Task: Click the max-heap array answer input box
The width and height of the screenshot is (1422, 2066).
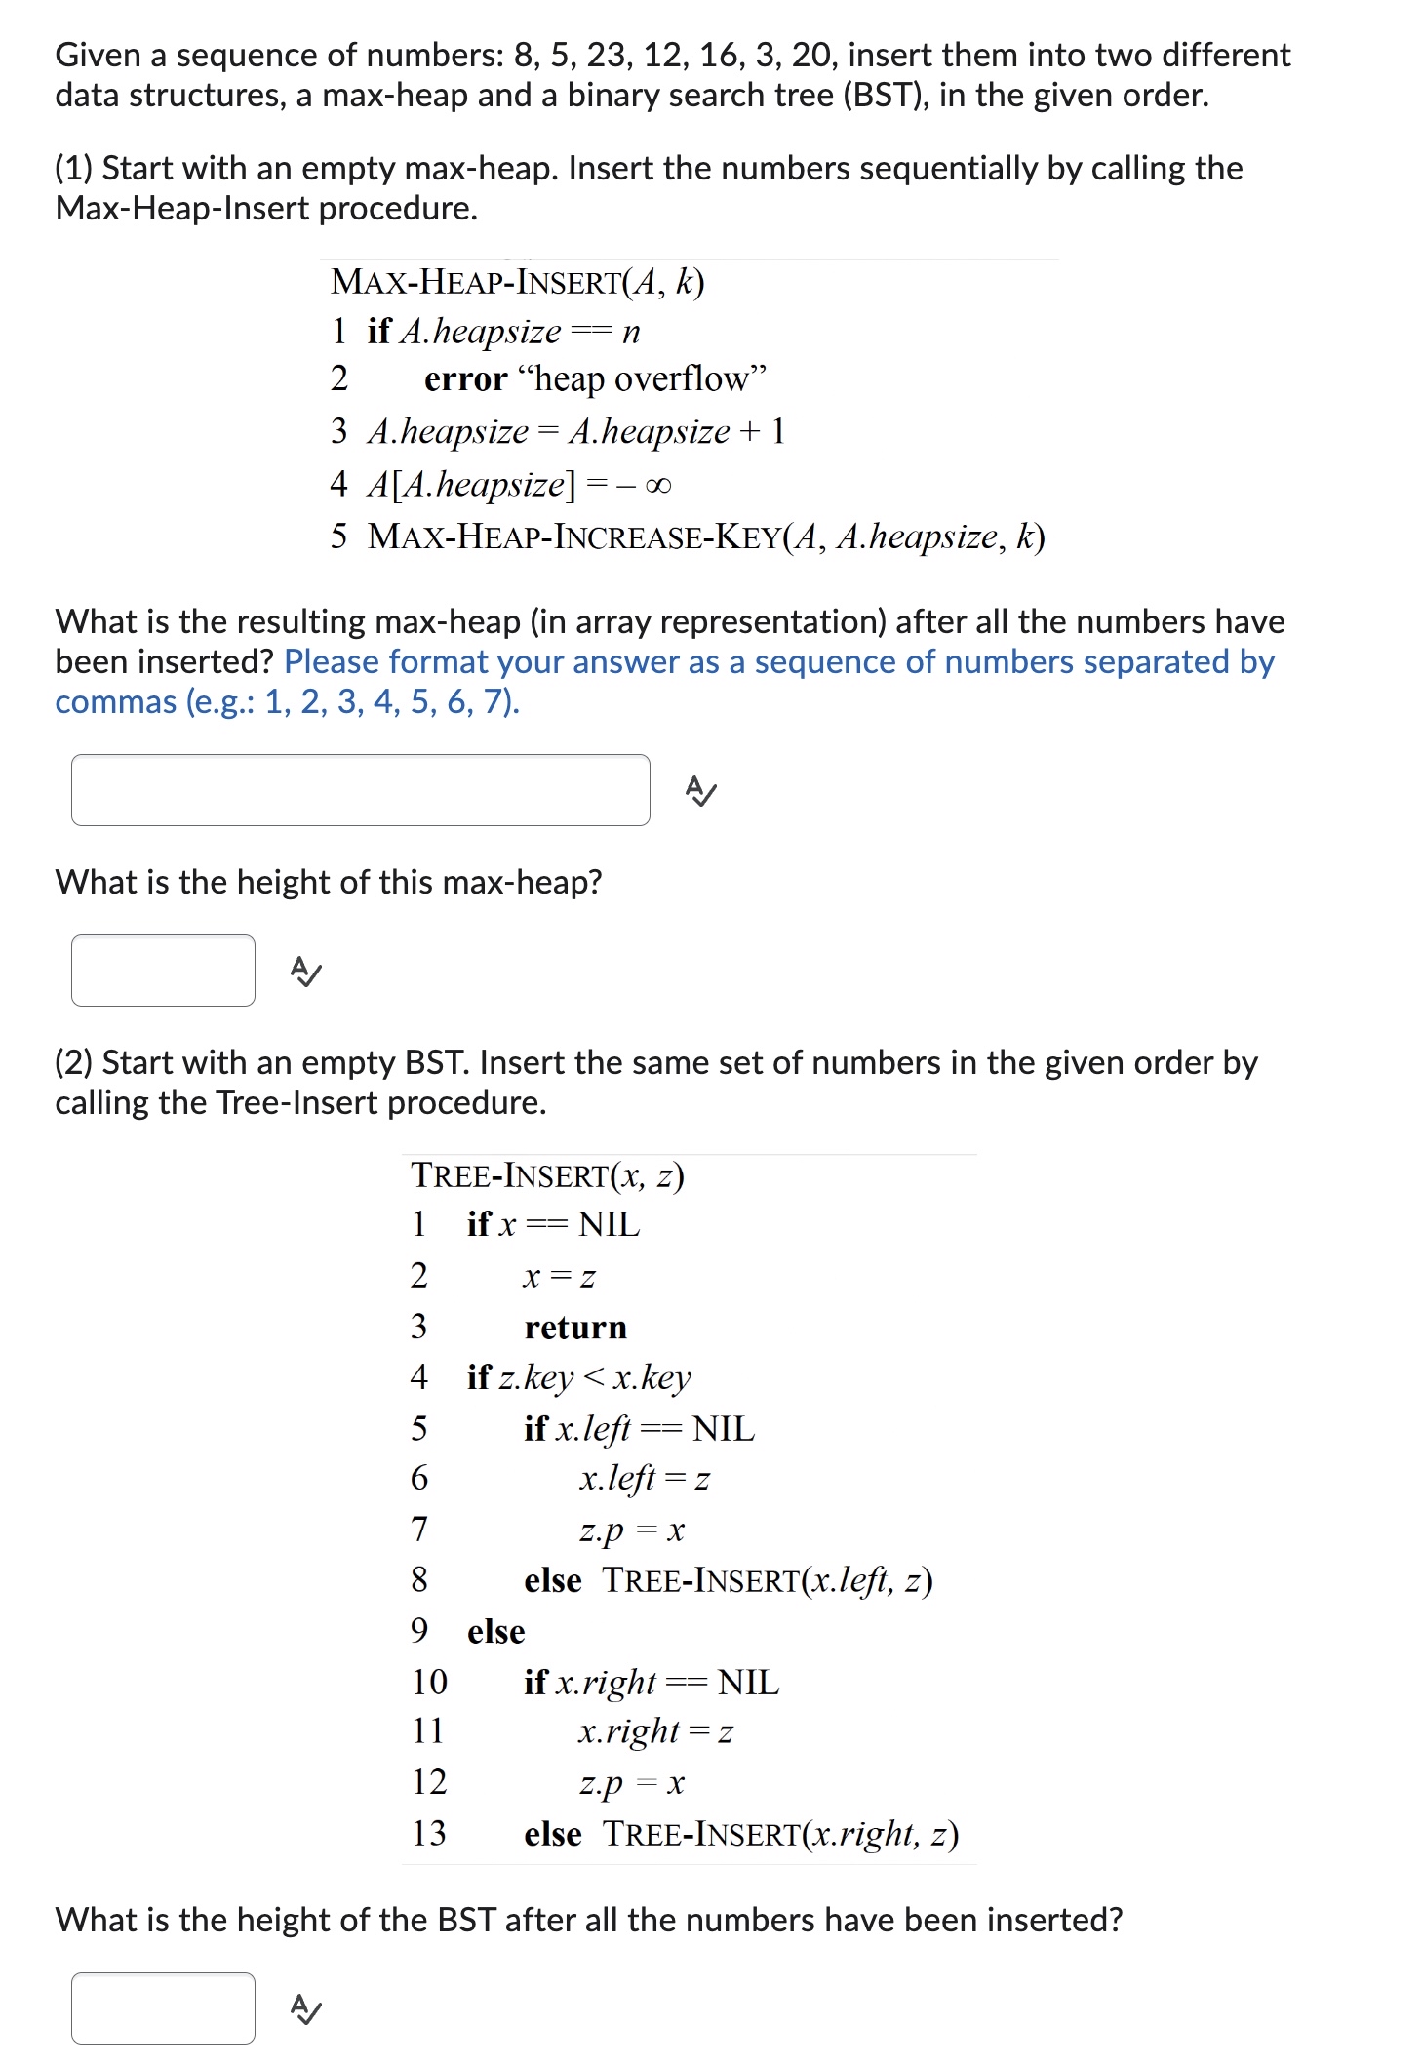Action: click(360, 790)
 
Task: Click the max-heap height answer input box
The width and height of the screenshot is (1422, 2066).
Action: click(163, 971)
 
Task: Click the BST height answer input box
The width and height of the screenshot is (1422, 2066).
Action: click(163, 2008)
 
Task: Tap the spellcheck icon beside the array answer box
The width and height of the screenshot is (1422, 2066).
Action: click(700, 791)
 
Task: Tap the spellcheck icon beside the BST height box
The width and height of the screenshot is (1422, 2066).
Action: click(306, 2009)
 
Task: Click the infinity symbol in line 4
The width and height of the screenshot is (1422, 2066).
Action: click(658, 485)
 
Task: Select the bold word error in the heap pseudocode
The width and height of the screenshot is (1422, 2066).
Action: click(465, 378)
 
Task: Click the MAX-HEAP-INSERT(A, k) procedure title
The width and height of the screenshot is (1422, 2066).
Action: click(517, 282)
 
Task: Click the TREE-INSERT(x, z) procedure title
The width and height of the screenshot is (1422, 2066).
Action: click(547, 1175)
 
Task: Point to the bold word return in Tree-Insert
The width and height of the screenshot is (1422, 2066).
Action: click(575, 1328)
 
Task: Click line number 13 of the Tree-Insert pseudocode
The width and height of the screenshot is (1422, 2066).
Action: click(429, 1833)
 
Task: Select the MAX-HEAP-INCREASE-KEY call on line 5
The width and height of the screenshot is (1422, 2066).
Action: click(705, 536)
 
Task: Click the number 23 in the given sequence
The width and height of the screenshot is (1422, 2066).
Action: click(606, 56)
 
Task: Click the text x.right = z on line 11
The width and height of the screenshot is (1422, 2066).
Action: click(654, 1731)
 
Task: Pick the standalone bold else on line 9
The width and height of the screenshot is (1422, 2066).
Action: click(495, 1631)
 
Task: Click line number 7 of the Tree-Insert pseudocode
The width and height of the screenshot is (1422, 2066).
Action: click(419, 1529)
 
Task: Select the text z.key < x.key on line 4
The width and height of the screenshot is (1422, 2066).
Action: click(594, 1377)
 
